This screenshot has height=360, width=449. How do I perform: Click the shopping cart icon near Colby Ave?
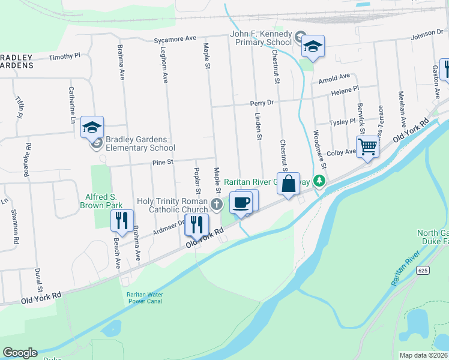click(x=367, y=146)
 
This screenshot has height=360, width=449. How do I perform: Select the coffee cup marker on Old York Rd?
click(x=241, y=202)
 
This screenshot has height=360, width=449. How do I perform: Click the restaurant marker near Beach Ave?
click(x=122, y=220)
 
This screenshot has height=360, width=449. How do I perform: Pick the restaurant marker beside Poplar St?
click(x=196, y=225)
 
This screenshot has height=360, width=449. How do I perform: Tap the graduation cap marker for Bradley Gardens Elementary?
click(x=92, y=127)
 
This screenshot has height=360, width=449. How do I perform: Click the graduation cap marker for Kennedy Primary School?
click(x=312, y=46)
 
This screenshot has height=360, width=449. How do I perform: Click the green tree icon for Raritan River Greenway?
click(x=321, y=181)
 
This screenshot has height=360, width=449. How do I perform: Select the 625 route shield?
click(x=423, y=271)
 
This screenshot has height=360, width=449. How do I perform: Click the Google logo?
click(x=20, y=353)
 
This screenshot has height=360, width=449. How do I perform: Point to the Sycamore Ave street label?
click(x=175, y=38)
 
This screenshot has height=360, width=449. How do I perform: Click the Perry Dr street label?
click(x=262, y=103)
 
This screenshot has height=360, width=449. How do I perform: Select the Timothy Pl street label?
click(x=64, y=56)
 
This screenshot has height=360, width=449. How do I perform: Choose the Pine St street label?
click(x=162, y=161)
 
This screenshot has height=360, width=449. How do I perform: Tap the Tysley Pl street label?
click(x=344, y=122)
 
